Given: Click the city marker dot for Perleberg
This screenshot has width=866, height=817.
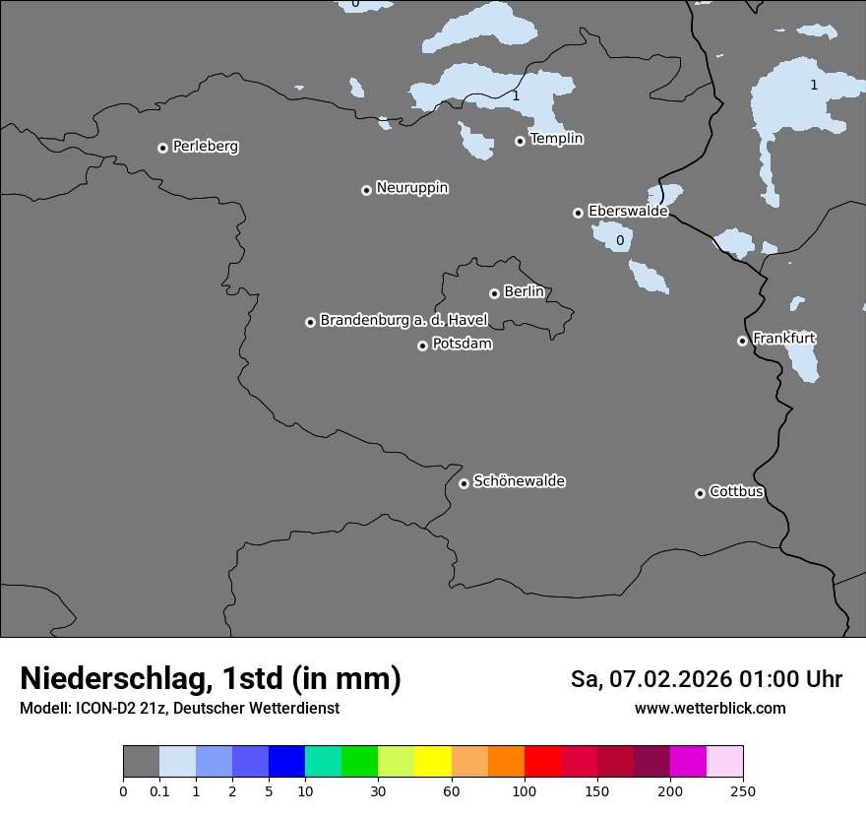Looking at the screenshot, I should tap(162, 148).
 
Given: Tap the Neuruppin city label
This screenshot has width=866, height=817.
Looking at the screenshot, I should tap(411, 188).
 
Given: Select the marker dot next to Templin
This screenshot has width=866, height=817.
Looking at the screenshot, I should tap(520, 141).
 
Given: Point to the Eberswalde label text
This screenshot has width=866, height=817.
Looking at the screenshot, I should tap(628, 211).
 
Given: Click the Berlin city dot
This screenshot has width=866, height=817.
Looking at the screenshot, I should tap(494, 293).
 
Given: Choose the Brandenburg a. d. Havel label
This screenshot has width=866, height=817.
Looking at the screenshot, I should tap(403, 320).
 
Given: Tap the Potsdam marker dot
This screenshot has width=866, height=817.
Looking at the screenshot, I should tap(422, 346).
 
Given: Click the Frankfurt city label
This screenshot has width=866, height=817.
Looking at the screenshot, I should tap(783, 339).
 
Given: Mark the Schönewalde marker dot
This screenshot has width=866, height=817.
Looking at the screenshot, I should tap(464, 483).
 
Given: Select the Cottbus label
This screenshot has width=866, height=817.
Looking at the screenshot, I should tap(736, 491).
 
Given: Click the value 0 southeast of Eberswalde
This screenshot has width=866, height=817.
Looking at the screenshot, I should tap(620, 240).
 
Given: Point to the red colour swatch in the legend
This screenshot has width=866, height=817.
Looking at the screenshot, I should tap(542, 762).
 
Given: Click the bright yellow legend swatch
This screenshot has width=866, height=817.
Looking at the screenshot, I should tap(433, 762).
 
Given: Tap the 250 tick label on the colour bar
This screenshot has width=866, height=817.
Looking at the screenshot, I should tap(743, 790).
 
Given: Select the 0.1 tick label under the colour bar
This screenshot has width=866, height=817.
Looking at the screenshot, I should tap(159, 790).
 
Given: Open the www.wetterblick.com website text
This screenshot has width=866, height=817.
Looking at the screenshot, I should tap(710, 709).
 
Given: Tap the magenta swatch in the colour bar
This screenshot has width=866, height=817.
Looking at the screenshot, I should tap(688, 762).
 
